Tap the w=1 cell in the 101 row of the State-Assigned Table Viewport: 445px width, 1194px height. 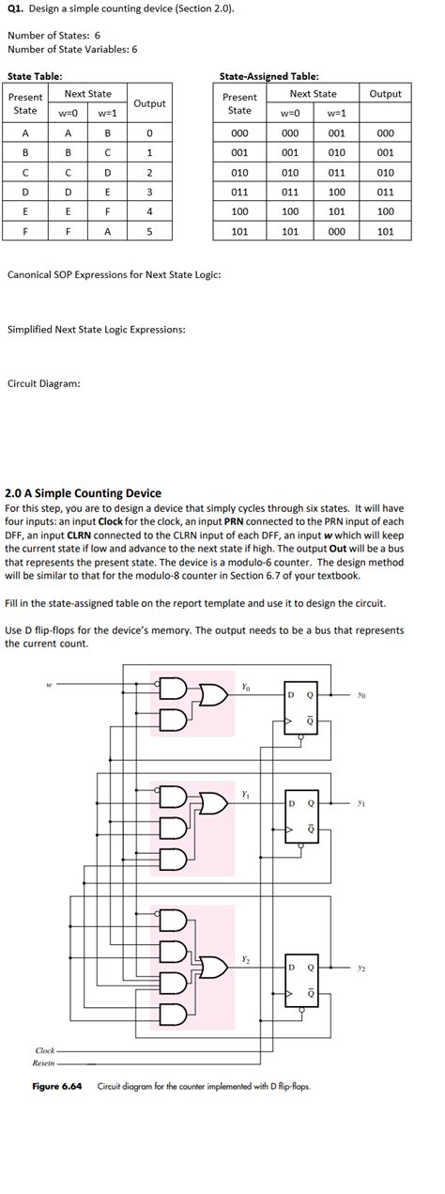click(336, 230)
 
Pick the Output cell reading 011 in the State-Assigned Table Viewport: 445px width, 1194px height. click(385, 192)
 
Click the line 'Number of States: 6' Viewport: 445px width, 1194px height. click(54, 35)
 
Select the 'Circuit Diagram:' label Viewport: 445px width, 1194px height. click(43, 383)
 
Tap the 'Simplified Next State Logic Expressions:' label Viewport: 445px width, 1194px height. click(96, 330)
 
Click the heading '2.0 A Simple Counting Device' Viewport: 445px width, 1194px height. click(84, 492)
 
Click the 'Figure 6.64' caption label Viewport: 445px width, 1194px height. click(58, 1087)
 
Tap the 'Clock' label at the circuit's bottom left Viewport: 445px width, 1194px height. click(45, 1050)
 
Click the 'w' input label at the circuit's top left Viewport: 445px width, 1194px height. click(49, 684)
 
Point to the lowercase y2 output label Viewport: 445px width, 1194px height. click(361, 966)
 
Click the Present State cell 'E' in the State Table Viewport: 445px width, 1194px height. click(25, 211)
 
